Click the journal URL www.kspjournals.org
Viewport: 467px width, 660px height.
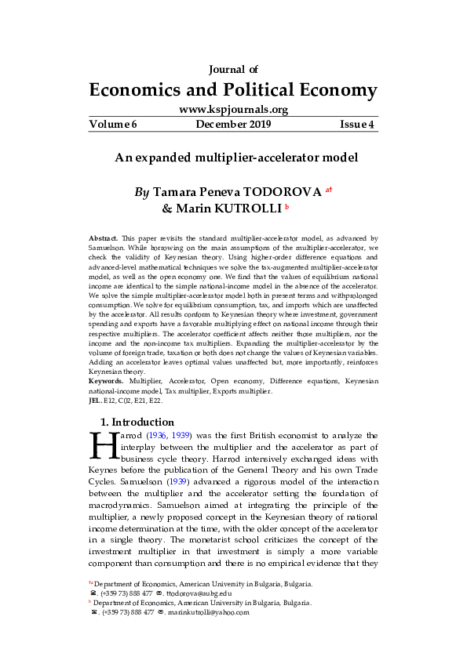coord(233,110)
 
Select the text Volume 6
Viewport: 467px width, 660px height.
coord(112,124)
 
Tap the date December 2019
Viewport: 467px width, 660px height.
coord(233,124)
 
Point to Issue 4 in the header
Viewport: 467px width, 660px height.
coord(356,124)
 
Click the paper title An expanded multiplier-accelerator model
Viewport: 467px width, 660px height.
coord(236,158)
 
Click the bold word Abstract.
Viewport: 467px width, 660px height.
coord(104,237)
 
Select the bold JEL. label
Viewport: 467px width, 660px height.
coord(96,400)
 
